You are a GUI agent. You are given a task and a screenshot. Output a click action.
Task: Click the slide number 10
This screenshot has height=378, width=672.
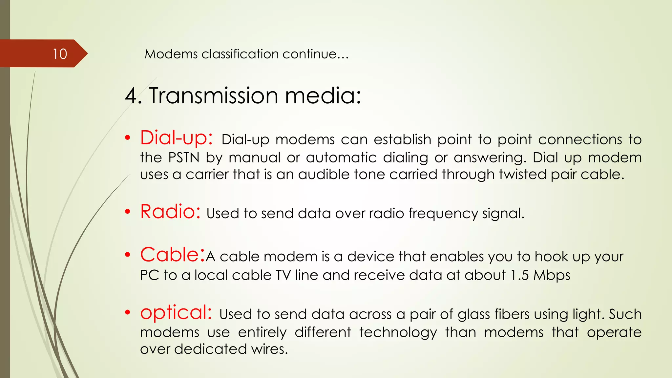(60, 54)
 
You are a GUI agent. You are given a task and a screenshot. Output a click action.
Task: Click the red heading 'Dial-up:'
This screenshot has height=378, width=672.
(177, 138)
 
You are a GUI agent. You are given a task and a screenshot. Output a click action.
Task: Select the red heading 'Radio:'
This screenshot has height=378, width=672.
(170, 212)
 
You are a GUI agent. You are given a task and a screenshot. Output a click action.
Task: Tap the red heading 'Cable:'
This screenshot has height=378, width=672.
(173, 255)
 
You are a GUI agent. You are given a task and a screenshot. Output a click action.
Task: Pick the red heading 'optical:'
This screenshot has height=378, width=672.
(176, 312)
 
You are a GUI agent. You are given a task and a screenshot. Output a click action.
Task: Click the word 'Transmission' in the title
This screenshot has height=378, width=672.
(214, 96)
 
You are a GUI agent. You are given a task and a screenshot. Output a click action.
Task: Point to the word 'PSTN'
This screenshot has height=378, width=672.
(184, 158)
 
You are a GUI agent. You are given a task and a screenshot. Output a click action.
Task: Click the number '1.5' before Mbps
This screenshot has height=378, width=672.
(519, 275)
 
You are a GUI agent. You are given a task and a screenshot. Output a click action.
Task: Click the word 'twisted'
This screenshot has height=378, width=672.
(522, 174)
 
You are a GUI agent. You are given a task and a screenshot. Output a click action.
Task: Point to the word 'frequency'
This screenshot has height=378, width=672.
(443, 214)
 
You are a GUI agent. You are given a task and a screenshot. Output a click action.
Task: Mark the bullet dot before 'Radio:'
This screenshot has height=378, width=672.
(128, 212)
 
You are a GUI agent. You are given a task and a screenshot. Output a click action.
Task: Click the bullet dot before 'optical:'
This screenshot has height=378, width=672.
(128, 313)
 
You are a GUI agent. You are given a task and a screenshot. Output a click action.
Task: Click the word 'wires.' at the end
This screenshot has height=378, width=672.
(270, 349)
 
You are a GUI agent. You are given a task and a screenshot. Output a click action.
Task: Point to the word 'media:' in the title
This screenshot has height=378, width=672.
(323, 96)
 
